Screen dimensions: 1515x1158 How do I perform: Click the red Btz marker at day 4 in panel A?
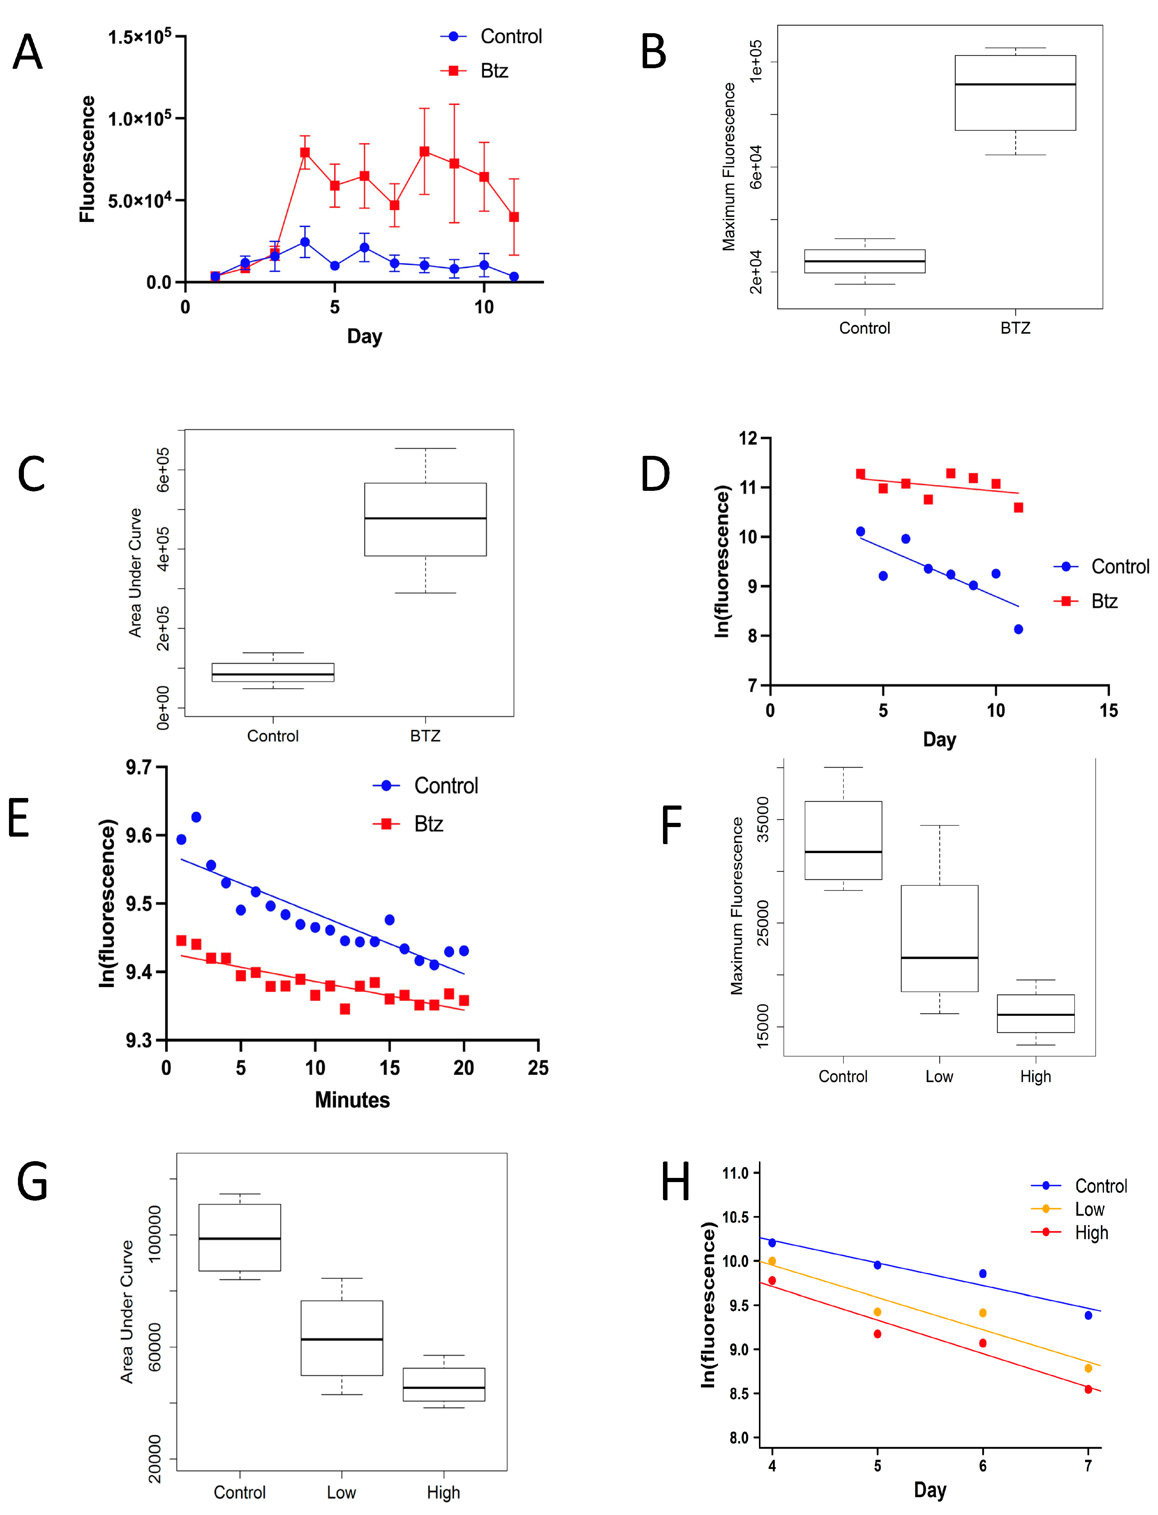point(305,152)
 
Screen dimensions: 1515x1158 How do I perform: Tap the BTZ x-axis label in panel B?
point(1015,328)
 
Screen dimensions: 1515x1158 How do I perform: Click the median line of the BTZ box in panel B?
point(1015,84)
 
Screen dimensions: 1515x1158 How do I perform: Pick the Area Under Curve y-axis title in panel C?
point(135,572)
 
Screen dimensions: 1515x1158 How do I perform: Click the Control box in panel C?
point(273,672)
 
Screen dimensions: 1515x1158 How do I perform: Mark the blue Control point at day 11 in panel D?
point(1018,629)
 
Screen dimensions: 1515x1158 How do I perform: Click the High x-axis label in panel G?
point(443,1492)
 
